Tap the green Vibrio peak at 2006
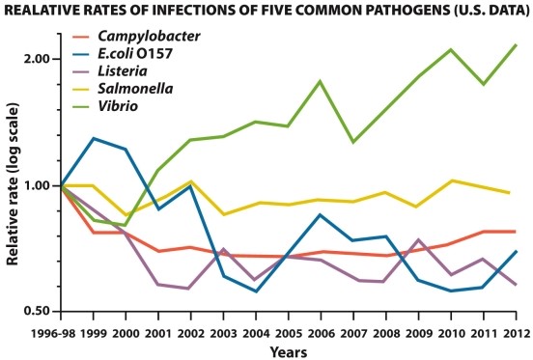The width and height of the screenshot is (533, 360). [320, 81]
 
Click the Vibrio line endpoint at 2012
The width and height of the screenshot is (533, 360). [516, 44]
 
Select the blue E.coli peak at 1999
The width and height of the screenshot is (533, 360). [94, 138]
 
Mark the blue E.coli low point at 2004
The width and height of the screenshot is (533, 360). [256, 291]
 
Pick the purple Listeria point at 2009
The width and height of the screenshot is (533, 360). [418, 239]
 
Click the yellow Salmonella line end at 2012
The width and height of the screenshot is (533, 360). [510, 193]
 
